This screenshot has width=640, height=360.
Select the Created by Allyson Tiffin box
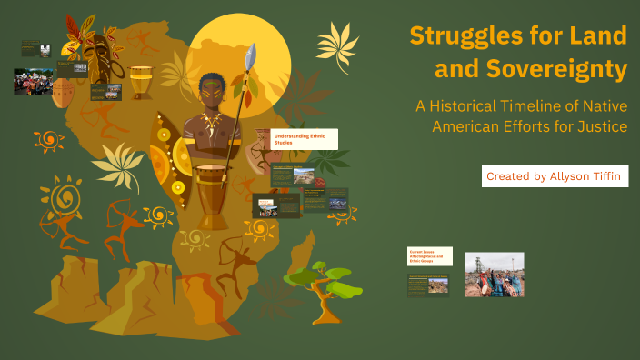555,175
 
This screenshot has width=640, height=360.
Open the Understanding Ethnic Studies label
305,139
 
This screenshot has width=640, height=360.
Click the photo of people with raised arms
494,275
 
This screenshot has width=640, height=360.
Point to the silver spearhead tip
252,55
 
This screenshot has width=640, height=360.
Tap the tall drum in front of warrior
212,195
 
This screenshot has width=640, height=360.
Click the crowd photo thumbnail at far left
33,81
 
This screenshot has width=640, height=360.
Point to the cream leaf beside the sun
336,41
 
